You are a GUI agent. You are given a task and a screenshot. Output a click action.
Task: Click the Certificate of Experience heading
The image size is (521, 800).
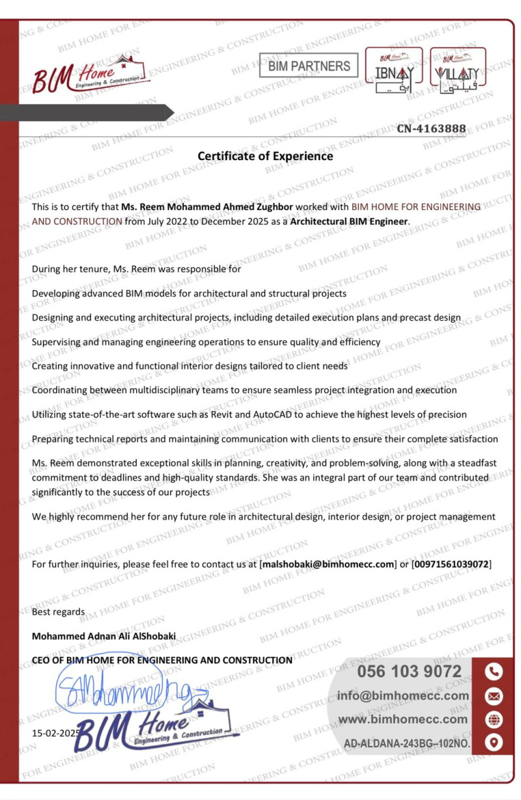pos(265,156)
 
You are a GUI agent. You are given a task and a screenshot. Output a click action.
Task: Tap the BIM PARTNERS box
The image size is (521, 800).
pos(309,66)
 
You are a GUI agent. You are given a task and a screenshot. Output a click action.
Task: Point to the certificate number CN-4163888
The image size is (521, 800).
pos(431,129)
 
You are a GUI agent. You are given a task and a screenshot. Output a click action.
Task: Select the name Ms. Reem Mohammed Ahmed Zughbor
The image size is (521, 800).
pos(207,207)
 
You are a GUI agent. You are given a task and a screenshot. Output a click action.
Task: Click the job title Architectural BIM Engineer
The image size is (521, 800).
pos(349,221)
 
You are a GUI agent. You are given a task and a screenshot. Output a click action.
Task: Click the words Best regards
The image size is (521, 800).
pos(58,612)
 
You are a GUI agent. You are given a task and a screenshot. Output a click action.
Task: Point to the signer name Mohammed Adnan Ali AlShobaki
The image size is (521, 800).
pos(104,636)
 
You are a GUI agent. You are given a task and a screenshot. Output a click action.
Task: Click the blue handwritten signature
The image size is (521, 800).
pos(124,693)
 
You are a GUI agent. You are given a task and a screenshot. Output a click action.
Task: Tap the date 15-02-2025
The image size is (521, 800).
pos(55,733)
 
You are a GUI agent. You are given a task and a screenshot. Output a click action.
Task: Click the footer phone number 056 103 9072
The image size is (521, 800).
pos(409,672)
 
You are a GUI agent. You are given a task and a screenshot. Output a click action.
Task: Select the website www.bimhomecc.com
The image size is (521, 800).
pos(403,719)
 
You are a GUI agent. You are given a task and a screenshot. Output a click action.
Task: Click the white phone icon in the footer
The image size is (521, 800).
pos(494,672)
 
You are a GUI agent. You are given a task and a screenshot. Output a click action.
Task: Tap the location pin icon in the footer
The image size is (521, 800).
pos(494,742)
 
